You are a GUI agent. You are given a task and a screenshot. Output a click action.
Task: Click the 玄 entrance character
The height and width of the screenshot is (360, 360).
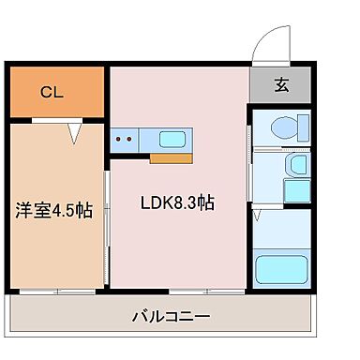coord(280,84)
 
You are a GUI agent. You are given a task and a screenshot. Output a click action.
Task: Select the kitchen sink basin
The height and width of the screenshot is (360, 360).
coord(172,140)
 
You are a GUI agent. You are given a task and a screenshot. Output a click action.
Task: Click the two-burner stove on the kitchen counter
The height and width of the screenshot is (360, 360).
coord(124,140)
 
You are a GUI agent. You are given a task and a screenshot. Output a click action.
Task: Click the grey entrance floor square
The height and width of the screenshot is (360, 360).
coord(279,84)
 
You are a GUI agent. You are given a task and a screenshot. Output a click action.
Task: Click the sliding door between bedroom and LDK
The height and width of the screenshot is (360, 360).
coord(107,225)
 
